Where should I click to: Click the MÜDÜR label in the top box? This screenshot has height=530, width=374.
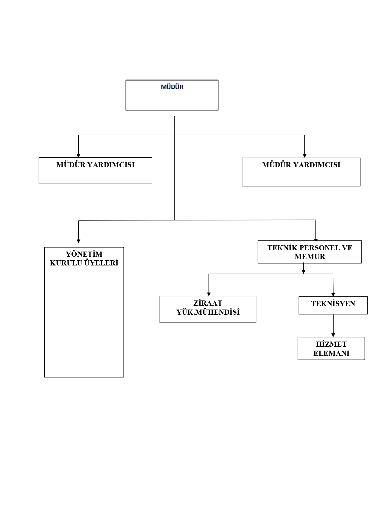click(172, 87)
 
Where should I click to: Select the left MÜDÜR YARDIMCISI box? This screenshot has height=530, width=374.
click(95, 170)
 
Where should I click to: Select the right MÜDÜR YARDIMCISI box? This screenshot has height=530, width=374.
click(301, 172)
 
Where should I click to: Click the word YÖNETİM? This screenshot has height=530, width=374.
click(84, 254)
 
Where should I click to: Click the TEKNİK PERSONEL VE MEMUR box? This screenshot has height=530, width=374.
click(309, 252)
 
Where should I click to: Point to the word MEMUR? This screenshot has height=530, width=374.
click(310, 257)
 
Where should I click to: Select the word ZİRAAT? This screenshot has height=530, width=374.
click(208, 303)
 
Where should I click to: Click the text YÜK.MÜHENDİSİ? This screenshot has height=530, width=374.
click(208, 312)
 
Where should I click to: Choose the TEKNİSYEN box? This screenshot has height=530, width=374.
click(333, 305)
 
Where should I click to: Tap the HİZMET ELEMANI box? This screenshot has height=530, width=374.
click(331, 349)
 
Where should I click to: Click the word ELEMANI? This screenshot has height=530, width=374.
click(331, 353)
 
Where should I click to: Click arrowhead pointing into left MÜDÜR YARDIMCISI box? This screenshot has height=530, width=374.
click(78, 156)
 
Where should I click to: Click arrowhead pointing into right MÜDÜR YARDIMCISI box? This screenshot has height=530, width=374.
click(305, 156)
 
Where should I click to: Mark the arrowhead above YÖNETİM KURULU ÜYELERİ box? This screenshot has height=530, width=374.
click(78, 241)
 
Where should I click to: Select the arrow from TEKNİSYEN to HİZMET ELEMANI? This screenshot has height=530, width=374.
click(333, 326)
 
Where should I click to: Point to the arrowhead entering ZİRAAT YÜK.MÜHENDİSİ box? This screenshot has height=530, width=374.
click(209, 294)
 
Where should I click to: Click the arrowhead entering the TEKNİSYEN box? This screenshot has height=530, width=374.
click(333, 294)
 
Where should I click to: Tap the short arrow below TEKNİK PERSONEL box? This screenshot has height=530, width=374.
click(303, 268)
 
